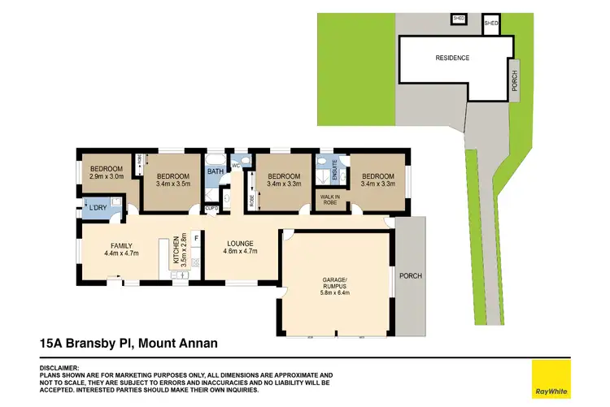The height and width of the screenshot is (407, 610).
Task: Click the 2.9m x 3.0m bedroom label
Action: click(x=107, y=173)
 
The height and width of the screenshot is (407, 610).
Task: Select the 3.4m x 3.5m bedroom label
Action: click(x=173, y=180)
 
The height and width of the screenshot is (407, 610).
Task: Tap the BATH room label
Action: click(x=215, y=171)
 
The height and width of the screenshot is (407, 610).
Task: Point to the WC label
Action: click(x=235, y=166)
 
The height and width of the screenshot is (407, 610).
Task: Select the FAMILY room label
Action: click(x=120, y=249)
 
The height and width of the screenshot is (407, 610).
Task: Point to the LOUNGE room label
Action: click(x=240, y=247)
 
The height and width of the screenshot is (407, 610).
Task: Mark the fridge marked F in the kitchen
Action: click(x=195, y=238)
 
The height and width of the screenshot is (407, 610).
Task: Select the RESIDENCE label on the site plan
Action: click(x=452, y=58)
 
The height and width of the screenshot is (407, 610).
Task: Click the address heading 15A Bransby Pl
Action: click(x=129, y=344)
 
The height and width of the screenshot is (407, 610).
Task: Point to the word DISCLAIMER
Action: click(x=61, y=367)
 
